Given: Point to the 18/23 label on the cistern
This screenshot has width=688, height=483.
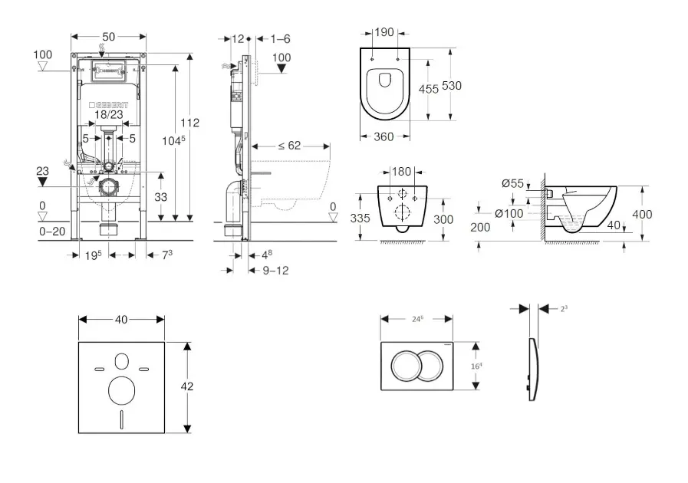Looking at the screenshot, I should [108, 115].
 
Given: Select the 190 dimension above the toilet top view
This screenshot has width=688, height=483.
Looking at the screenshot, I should [384, 33].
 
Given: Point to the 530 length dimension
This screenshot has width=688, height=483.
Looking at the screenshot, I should [453, 86].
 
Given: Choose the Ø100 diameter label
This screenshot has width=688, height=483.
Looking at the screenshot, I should [509, 214].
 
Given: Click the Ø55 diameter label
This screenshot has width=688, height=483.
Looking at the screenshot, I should [512, 183].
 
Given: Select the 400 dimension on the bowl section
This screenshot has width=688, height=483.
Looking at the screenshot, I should [642, 215].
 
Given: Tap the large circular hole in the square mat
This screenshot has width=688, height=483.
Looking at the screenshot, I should [121, 390].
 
